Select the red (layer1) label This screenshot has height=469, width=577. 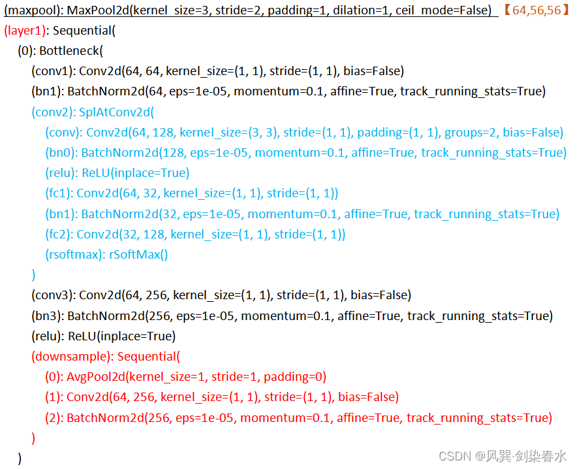point(25,31)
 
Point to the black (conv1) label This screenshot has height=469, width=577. point(54,71)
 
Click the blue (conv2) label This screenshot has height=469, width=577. point(54,112)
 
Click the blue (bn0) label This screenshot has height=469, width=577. point(61,153)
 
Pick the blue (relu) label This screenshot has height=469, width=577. point(62,173)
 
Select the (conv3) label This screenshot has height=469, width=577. point(54,296)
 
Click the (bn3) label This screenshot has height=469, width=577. point(48,316)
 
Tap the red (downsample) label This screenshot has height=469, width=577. point(72,357)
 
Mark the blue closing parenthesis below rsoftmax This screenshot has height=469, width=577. point(33,274)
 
